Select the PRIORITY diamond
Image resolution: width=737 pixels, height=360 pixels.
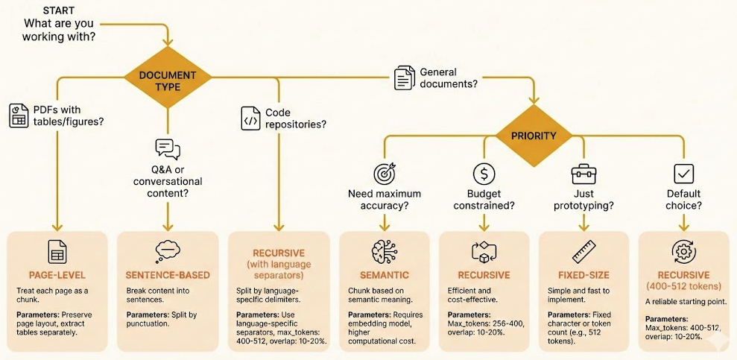pyautogui.click(x=534, y=136)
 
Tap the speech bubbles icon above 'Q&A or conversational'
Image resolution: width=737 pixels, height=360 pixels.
pyautogui.click(x=168, y=149)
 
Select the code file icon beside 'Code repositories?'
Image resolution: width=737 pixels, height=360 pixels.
pyautogui.click(x=250, y=117)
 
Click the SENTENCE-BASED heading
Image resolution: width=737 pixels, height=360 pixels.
pyautogui.click(x=168, y=275)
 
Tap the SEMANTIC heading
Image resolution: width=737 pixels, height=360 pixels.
pyautogui.click(x=385, y=275)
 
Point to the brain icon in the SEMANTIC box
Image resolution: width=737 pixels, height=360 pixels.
pyautogui.click(x=385, y=250)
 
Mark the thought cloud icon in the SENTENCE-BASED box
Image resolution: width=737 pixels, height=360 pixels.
pyautogui.click(x=168, y=250)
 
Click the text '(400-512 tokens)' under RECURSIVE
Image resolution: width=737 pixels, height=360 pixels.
pyautogui.click(x=684, y=285)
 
